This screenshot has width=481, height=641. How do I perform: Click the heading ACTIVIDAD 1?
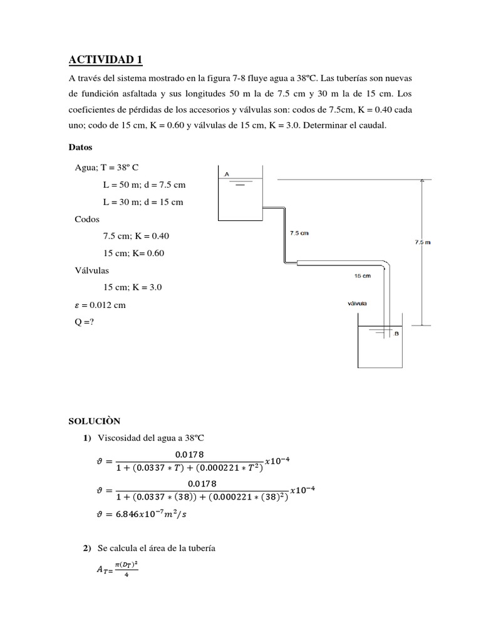[106, 60]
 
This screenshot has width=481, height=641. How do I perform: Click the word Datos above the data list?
[80, 148]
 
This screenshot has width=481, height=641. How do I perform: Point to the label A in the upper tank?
[226, 173]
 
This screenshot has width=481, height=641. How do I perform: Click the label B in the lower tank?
[396, 334]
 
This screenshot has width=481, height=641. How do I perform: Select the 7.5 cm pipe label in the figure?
[299, 233]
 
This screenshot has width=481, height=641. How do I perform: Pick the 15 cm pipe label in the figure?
[363, 275]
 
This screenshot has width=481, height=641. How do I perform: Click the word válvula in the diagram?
[357, 304]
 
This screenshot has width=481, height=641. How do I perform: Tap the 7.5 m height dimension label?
[423, 242]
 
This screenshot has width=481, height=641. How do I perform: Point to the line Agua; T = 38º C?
[106, 168]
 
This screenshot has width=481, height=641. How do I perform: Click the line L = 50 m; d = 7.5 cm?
[144, 185]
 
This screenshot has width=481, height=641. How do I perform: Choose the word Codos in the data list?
[86, 219]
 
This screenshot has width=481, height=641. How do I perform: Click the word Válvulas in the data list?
[91, 270]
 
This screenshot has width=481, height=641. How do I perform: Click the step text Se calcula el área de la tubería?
[157, 549]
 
